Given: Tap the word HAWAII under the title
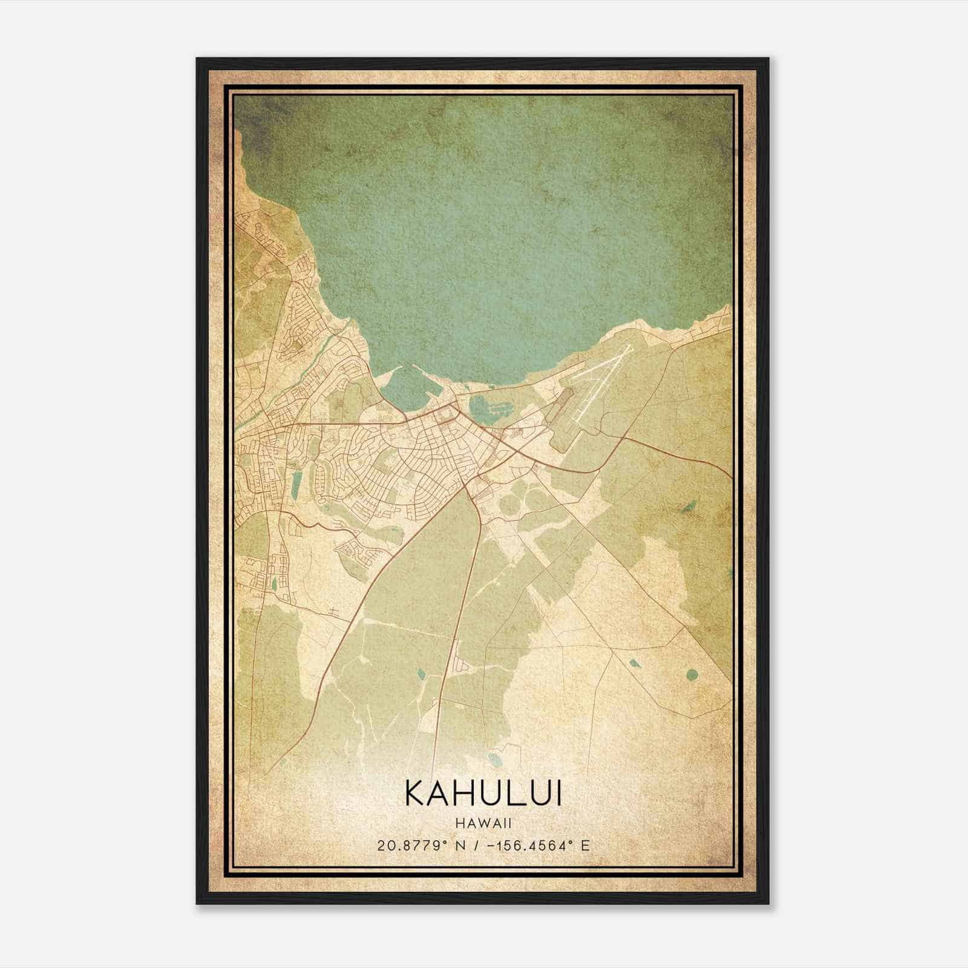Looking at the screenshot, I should click(483, 823).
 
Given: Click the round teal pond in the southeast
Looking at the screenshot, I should click(692, 674).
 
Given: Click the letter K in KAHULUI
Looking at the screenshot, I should click(414, 793).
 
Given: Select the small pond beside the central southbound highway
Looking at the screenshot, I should click(419, 672).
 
